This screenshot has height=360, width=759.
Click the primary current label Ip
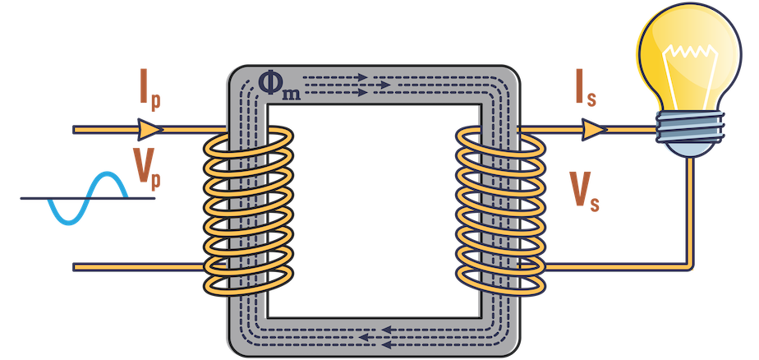pyautogui.click(x=148, y=93)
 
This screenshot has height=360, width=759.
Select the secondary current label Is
pyautogui.click(x=585, y=94)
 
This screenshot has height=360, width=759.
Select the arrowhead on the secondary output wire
pyautogui.click(x=594, y=130)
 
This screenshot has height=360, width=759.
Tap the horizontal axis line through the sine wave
pyautogui.click(x=33, y=197)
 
